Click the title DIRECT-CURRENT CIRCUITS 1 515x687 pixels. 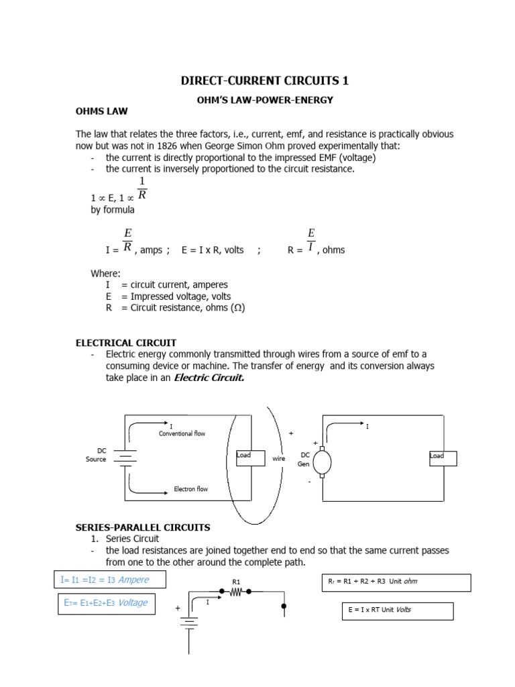tap(265, 81)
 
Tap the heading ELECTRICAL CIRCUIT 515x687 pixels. tap(126, 343)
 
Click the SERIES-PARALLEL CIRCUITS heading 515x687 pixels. tap(143, 527)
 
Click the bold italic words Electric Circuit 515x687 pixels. tap(209, 378)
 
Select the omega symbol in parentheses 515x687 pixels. tap(235, 308)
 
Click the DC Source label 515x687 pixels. tap(96, 455)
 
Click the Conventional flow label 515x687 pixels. tap(182, 433)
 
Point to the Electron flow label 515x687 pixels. tap(191, 489)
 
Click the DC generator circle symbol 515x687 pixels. tap(323, 462)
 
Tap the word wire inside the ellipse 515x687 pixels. tap(279, 459)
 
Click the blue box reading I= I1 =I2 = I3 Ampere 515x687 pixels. tap(109, 580)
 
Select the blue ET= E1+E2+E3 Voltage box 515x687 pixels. tap(106, 603)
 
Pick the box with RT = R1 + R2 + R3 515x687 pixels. tap(396, 582)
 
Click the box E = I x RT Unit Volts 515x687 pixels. tap(397, 611)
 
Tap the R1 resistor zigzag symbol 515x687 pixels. tap(235, 592)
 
